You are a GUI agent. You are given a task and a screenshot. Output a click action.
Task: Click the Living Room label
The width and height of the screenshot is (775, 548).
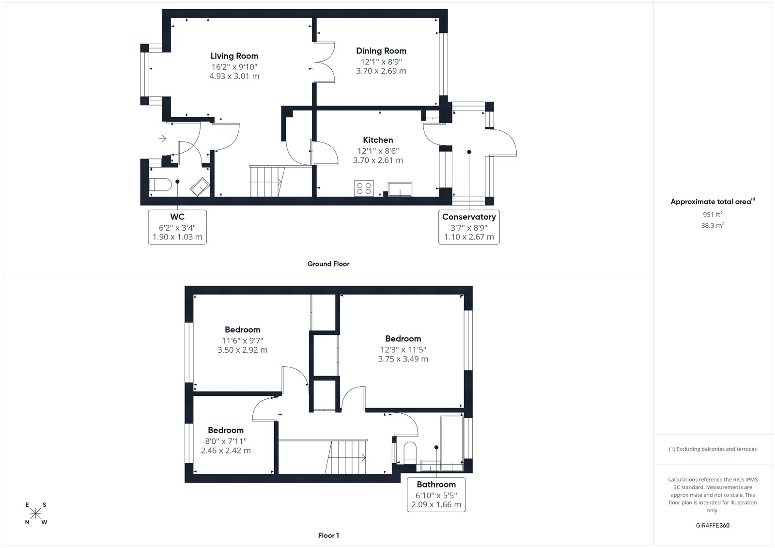234,56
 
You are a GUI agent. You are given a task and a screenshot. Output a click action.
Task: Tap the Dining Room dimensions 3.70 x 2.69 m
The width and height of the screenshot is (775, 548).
381,71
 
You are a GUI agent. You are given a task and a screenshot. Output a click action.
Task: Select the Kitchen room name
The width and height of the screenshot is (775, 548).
378,140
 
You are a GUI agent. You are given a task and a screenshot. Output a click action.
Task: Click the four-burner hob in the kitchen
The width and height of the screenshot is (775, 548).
364,188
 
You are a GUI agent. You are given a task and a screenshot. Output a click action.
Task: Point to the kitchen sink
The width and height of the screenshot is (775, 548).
400,189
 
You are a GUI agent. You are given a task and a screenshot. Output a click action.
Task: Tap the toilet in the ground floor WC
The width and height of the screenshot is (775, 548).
160,185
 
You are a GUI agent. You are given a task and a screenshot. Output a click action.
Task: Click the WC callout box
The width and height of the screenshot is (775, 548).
177,227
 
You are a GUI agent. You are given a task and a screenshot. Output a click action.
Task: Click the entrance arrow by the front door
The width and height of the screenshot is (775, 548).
162,139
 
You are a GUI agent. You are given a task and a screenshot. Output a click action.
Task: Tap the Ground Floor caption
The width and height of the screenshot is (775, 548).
328,264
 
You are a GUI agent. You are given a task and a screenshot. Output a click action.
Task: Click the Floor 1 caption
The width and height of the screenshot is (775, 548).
328,535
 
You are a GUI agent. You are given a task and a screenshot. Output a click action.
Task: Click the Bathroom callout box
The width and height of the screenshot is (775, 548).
436,494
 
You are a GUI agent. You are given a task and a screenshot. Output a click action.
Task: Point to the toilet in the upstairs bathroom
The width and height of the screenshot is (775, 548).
410,452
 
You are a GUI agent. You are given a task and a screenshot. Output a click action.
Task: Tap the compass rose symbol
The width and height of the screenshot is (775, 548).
36,513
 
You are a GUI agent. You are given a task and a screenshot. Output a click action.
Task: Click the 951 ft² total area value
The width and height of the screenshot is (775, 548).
713,214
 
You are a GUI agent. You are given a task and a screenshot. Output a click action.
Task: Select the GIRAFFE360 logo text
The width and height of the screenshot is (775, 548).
713,525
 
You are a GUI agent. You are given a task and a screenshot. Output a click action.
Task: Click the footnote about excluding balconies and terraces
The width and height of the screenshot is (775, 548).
713,449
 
